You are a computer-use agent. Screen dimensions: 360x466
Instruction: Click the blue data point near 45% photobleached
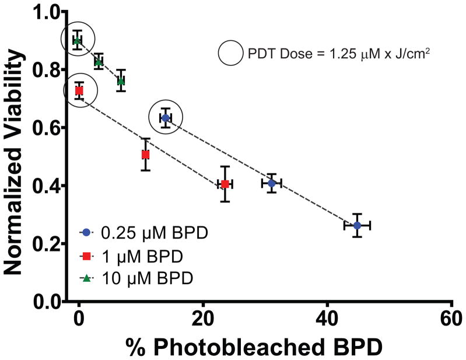pos(358,225)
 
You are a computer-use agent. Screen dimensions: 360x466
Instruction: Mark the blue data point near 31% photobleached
pos(272,183)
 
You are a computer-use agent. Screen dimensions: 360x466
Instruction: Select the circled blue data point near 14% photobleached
pos(166,118)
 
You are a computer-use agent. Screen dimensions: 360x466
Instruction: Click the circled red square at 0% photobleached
pos(79,91)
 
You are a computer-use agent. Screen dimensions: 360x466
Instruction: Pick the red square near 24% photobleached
pos(225,184)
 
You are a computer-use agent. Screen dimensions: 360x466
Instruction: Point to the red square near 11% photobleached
pos(145,155)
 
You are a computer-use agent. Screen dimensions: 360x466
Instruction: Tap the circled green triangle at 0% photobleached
pos(76,40)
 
